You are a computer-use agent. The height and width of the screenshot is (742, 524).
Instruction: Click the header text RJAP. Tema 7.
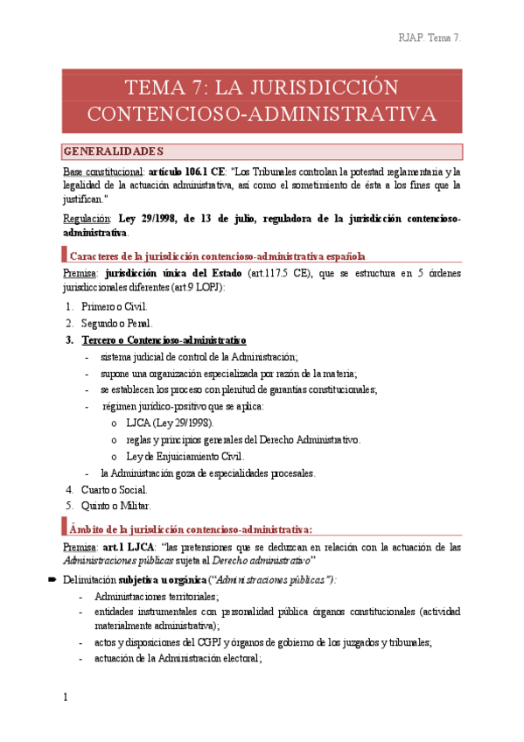coord(430,38)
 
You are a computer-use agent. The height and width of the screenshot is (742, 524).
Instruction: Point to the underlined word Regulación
coord(87,218)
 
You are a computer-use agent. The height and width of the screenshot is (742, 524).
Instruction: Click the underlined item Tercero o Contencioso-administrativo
coord(164,339)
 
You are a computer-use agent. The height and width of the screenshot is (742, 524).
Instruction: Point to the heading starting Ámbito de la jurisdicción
coord(191,528)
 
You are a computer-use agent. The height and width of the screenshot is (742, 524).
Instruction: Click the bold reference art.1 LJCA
coord(125,547)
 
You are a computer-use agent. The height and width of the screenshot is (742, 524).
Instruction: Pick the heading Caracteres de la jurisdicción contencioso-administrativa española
coord(217,256)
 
